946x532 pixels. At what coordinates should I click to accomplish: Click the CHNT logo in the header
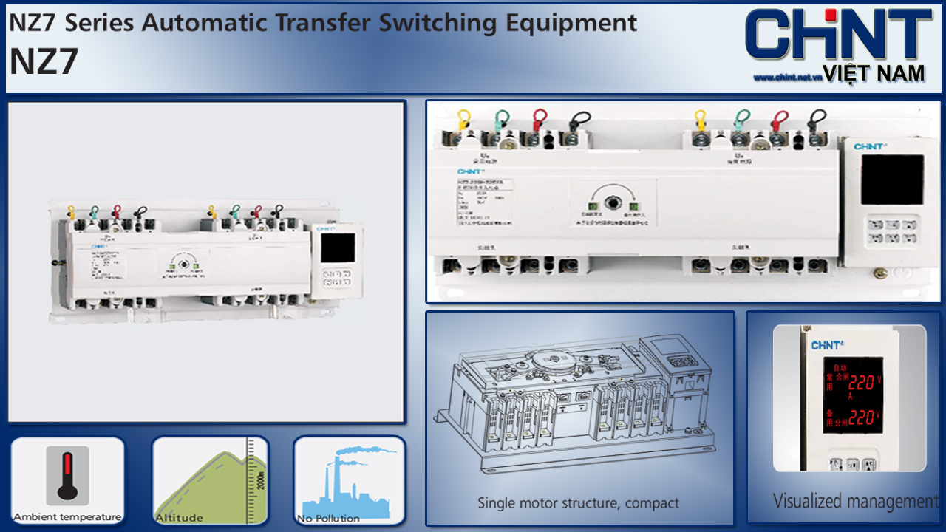(837, 35)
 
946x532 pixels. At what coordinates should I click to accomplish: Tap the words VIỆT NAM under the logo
(873, 72)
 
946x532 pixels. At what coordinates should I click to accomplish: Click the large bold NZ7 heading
(44, 62)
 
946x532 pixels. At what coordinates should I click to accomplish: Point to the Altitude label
(179, 518)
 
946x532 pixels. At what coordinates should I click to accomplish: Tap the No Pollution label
(328, 519)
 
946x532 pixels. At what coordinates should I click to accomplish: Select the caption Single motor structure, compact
(578, 504)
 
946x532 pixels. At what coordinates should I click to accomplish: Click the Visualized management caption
(855, 502)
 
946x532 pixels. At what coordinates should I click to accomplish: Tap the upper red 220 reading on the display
(862, 383)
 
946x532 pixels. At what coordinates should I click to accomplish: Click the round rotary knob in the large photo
(613, 202)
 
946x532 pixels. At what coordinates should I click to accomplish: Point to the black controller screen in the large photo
(892, 180)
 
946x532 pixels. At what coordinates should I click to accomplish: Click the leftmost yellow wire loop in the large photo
(464, 119)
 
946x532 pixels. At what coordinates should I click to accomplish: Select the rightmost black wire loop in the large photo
(817, 119)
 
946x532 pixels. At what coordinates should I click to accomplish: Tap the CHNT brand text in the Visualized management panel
(826, 345)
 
